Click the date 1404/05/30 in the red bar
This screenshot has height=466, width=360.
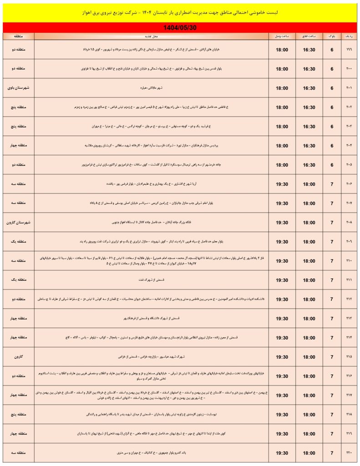point(180,27)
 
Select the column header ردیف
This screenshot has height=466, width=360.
point(349,35)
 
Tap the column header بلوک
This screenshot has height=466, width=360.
point(332,35)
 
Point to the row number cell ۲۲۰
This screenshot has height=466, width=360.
point(349,453)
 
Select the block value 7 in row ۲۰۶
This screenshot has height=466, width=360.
point(332,184)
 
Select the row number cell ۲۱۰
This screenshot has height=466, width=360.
point(349,261)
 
